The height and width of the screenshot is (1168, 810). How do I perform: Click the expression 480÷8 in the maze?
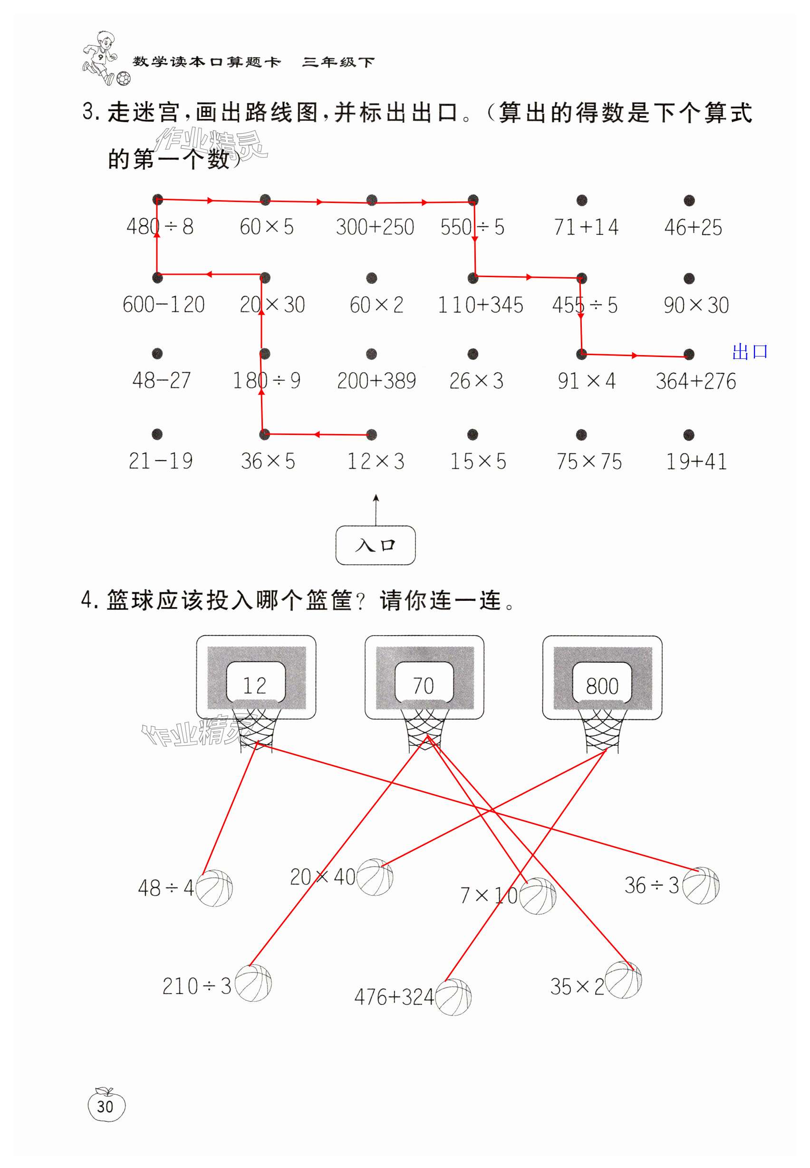(x=160, y=227)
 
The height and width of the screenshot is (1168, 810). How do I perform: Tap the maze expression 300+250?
(x=375, y=227)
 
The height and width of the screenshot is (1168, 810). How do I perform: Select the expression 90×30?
(x=696, y=305)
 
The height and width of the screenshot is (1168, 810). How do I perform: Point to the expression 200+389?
(x=376, y=381)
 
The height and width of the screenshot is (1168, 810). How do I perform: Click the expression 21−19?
(x=160, y=461)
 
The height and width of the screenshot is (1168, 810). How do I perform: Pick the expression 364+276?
(x=695, y=381)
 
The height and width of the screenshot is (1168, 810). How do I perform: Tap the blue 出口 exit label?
(x=750, y=352)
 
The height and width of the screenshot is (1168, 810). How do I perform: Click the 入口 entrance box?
(x=375, y=545)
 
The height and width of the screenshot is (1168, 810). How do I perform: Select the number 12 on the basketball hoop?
(x=254, y=686)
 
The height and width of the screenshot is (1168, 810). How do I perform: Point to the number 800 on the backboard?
(x=602, y=686)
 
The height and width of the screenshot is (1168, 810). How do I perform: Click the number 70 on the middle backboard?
(x=423, y=686)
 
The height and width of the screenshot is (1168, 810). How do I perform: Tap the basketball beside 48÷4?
(x=214, y=888)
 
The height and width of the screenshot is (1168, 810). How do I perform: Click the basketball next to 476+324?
(x=453, y=997)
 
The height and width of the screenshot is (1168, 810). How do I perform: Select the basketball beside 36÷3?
(x=701, y=885)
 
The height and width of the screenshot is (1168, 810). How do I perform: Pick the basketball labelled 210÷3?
(x=253, y=983)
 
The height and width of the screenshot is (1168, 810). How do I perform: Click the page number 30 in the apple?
(x=106, y=1107)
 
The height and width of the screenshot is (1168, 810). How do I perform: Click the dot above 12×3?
(x=372, y=434)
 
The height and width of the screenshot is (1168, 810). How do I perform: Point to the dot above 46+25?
(x=689, y=201)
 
